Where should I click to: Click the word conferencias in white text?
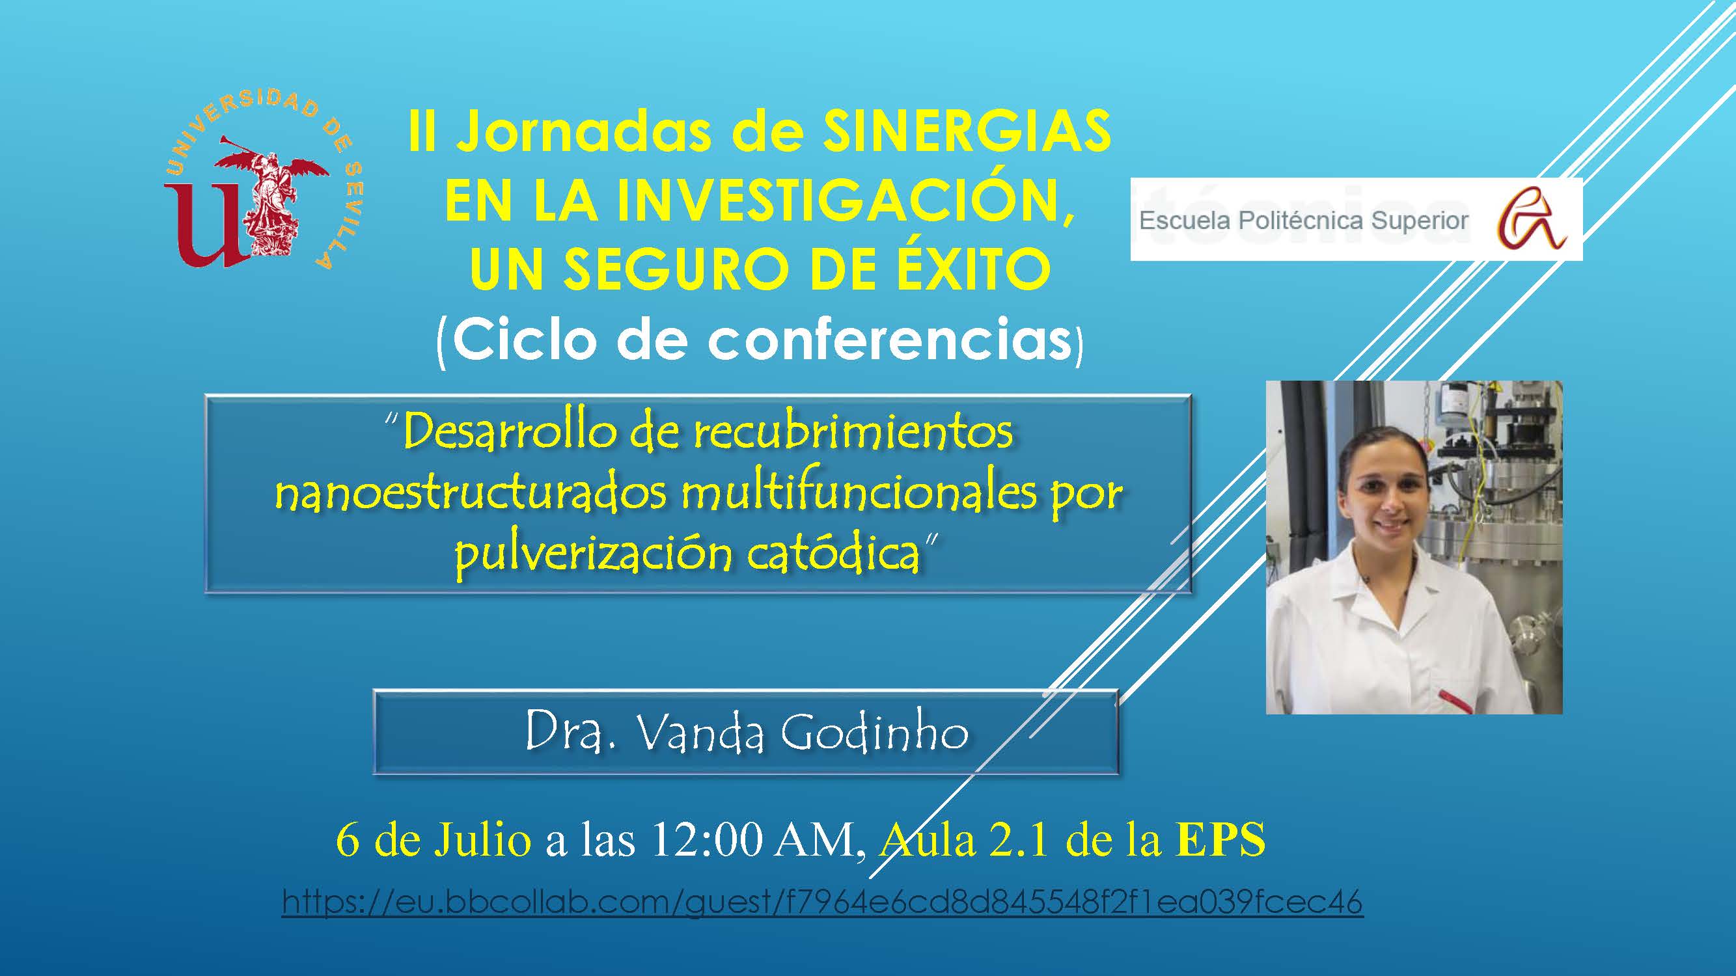tap(890, 340)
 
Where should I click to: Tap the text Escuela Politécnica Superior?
tap(1303, 221)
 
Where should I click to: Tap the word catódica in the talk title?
tap(834, 554)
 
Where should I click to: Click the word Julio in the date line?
tap(482, 841)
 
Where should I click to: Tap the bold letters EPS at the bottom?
tap(1221, 841)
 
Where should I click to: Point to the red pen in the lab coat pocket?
tap(1455, 700)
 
